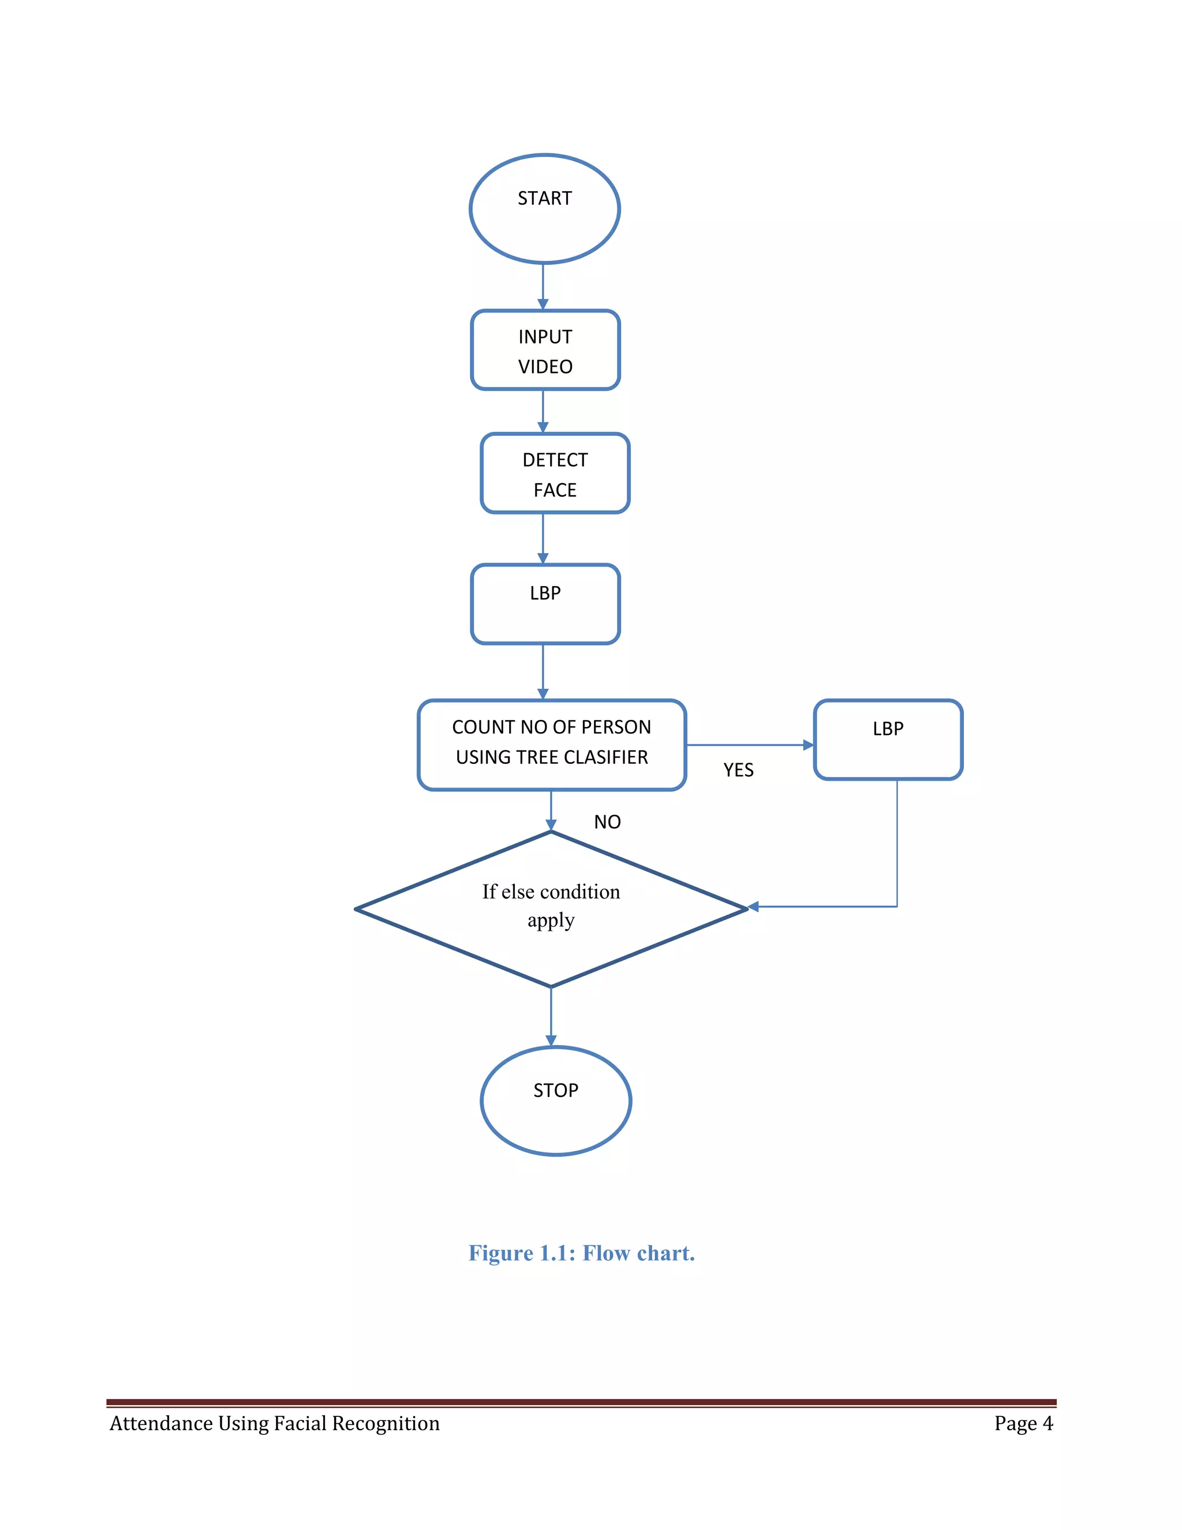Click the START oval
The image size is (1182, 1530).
[x=544, y=209]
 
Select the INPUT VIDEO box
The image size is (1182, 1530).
[x=545, y=350]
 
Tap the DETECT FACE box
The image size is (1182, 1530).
[x=555, y=473]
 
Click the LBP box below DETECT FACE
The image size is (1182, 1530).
[x=545, y=604]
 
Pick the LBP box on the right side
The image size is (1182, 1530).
[x=888, y=739]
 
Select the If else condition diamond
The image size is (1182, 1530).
[x=551, y=909]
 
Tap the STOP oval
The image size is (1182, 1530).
[x=555, y=1100]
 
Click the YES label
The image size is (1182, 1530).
[x=738, y=770]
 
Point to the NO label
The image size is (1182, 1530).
[x=607, y=822]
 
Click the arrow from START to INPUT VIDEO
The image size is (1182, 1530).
[x=543, y=287]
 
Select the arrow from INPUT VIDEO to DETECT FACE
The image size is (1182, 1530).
[x=543, y=411]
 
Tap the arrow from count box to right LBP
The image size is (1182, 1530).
[x=749, y=745]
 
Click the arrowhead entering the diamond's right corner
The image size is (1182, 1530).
[x=753, y=906]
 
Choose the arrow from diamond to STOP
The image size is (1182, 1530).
[x=551, y=1017]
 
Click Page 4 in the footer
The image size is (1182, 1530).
[x=1023, y=1424]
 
